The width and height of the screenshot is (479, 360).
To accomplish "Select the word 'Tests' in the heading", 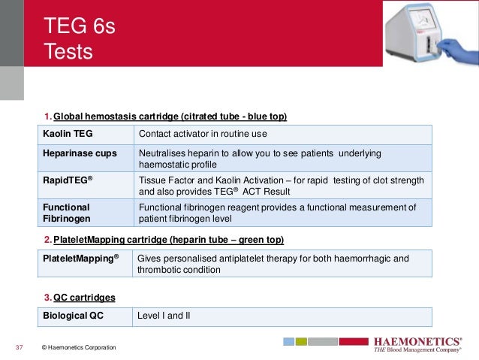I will [68, 53].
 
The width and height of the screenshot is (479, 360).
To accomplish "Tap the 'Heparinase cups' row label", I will [80, 153].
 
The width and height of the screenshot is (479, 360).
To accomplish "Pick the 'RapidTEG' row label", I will [71, 180].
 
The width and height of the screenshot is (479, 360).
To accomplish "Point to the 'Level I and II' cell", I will [164, 316].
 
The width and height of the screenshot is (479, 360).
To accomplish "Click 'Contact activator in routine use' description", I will [203, 135].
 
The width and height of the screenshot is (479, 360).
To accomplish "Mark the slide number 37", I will [20, 347].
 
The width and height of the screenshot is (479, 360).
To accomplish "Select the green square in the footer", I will [300, 341].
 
